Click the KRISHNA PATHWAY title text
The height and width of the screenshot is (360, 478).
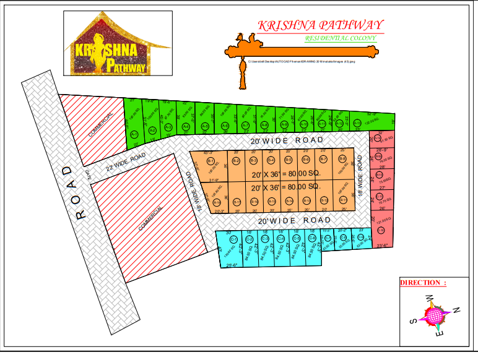pos(320,25)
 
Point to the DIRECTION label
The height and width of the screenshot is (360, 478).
pos(423,283)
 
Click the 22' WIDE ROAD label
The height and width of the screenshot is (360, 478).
pos(125,162)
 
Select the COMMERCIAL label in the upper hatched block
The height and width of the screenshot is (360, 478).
pos(100,126)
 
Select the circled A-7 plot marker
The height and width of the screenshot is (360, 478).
pos(245,126)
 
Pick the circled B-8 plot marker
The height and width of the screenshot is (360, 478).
pos(342,160)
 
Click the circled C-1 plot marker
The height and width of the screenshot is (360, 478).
pos(233,239)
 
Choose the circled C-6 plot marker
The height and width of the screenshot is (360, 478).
pos(312,238)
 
